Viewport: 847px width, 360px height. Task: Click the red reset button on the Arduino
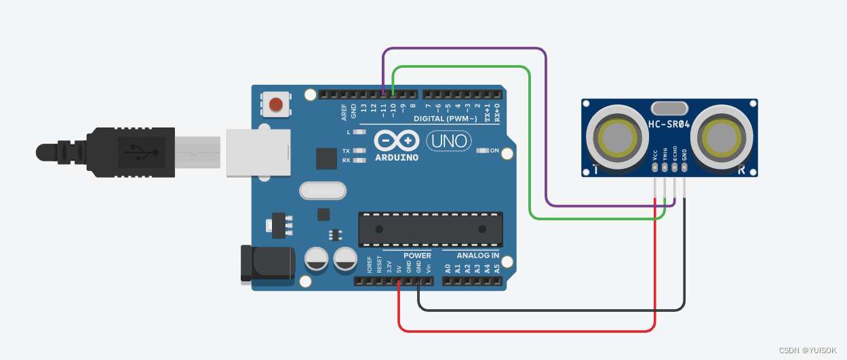tap(276, 104)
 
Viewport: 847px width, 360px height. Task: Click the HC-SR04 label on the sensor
tap(669, 124)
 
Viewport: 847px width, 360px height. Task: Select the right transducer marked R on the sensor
tap(724, 136)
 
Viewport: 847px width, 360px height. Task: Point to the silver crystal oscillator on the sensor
tap(669, 108)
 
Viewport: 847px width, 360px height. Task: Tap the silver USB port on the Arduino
tap(258, 153)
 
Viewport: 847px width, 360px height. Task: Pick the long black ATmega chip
tap(431, 229)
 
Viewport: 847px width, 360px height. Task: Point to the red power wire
tap(529, 332)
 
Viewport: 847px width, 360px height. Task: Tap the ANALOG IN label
tap(478, 256)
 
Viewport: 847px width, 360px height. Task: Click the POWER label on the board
tap(417, 256)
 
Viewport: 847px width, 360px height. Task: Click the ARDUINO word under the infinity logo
tap(397, 157)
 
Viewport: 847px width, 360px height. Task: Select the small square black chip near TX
tap(326, 159)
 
